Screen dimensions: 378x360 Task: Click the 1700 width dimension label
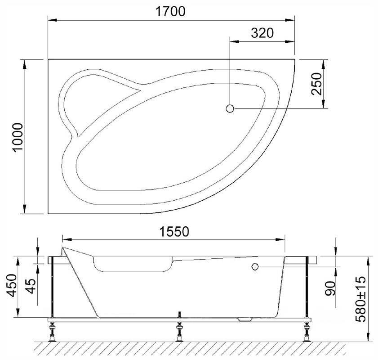[x=170, y=11]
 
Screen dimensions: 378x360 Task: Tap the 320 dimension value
[x=262, y=33]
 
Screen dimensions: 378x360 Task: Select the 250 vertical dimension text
[x=316, y=84]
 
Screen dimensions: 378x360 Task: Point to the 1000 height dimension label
[x=18, y=137]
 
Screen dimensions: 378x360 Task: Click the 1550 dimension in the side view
[x=174, y=232]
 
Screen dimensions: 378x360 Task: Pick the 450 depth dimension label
[x=12, y=285]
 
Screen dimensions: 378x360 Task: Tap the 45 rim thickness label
[x=31, y=286]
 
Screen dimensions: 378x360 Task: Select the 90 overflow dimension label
[x=330, y=288]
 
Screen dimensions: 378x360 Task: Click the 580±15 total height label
[x=360, y=299]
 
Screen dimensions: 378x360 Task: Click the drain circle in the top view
[x=230, y=108]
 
